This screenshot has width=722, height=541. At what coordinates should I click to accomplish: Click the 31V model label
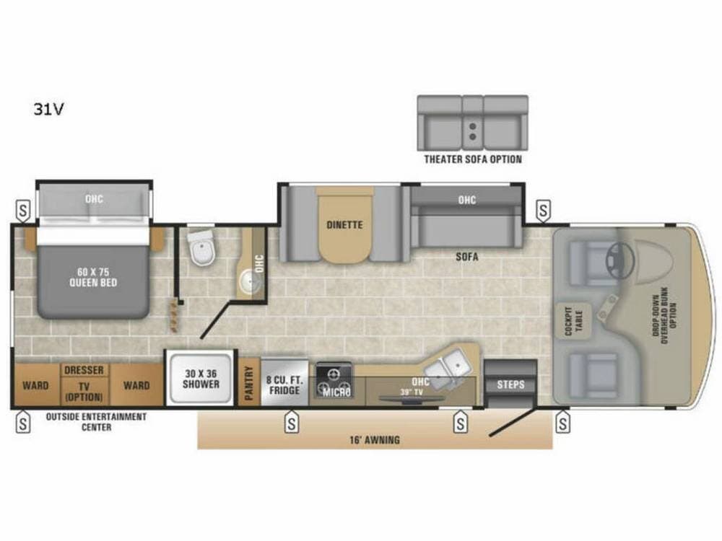[x=48, y=109]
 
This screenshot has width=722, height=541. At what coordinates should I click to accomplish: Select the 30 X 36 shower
[x=201, y=379]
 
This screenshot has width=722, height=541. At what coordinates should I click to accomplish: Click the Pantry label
[x=249, y=383]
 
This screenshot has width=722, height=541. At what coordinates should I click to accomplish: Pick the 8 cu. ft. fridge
[x=284, y=383]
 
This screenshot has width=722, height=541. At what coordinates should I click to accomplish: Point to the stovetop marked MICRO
[x=334, y=380]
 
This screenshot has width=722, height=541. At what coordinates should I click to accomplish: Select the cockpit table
[x=574, y=321]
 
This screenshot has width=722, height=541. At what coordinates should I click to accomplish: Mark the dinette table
[x=344, y=225]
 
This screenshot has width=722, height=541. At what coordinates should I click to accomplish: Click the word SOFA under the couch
[x=467, y=256]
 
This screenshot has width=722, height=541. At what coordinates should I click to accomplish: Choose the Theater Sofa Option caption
[x=473, y=159]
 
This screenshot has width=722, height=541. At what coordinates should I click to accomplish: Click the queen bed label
[x=93, y=277]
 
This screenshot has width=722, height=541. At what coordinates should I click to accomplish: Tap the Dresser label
[x=84, y=370]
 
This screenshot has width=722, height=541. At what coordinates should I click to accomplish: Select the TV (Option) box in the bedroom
[x=84, y=391]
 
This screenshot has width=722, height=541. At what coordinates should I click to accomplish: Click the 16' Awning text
[x=374, y=440]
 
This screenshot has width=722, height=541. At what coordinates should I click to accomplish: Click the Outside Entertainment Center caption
[x=96, y=422]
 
